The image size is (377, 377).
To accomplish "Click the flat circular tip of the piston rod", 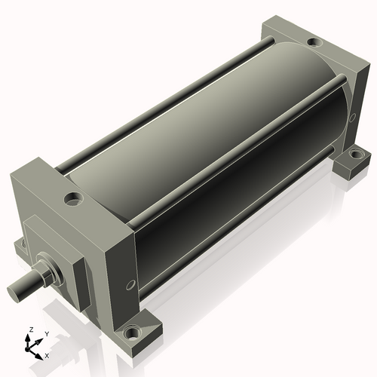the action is (x=13, y=293).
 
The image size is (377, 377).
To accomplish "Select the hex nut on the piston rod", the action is (x=48, y=275).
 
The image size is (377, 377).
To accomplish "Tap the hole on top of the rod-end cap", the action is (x=73, y=198).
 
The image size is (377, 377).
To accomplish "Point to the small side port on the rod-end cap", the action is (x=130, y=285).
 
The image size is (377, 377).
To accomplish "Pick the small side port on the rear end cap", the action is (x=353, y=116).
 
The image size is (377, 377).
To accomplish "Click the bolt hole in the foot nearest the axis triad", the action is (x=132, y=333).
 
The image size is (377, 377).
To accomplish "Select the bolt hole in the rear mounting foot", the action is (x=354, y=153).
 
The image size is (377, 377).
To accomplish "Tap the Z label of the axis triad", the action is (x=32, y=329).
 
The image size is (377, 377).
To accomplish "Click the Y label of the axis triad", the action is (x=47, y=334).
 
